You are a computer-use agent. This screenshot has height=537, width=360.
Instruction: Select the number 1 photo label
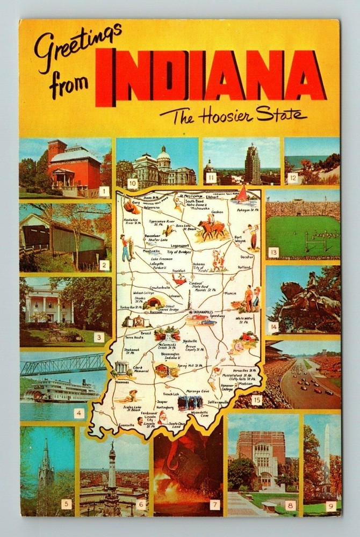104,191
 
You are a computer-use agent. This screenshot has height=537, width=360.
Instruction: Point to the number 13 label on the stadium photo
273,252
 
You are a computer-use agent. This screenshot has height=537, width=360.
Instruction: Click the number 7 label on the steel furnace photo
214,504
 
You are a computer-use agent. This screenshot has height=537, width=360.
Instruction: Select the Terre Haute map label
135,339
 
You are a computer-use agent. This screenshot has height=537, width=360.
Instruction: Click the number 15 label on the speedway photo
256,400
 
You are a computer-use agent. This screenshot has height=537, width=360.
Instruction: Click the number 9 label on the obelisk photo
331,505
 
